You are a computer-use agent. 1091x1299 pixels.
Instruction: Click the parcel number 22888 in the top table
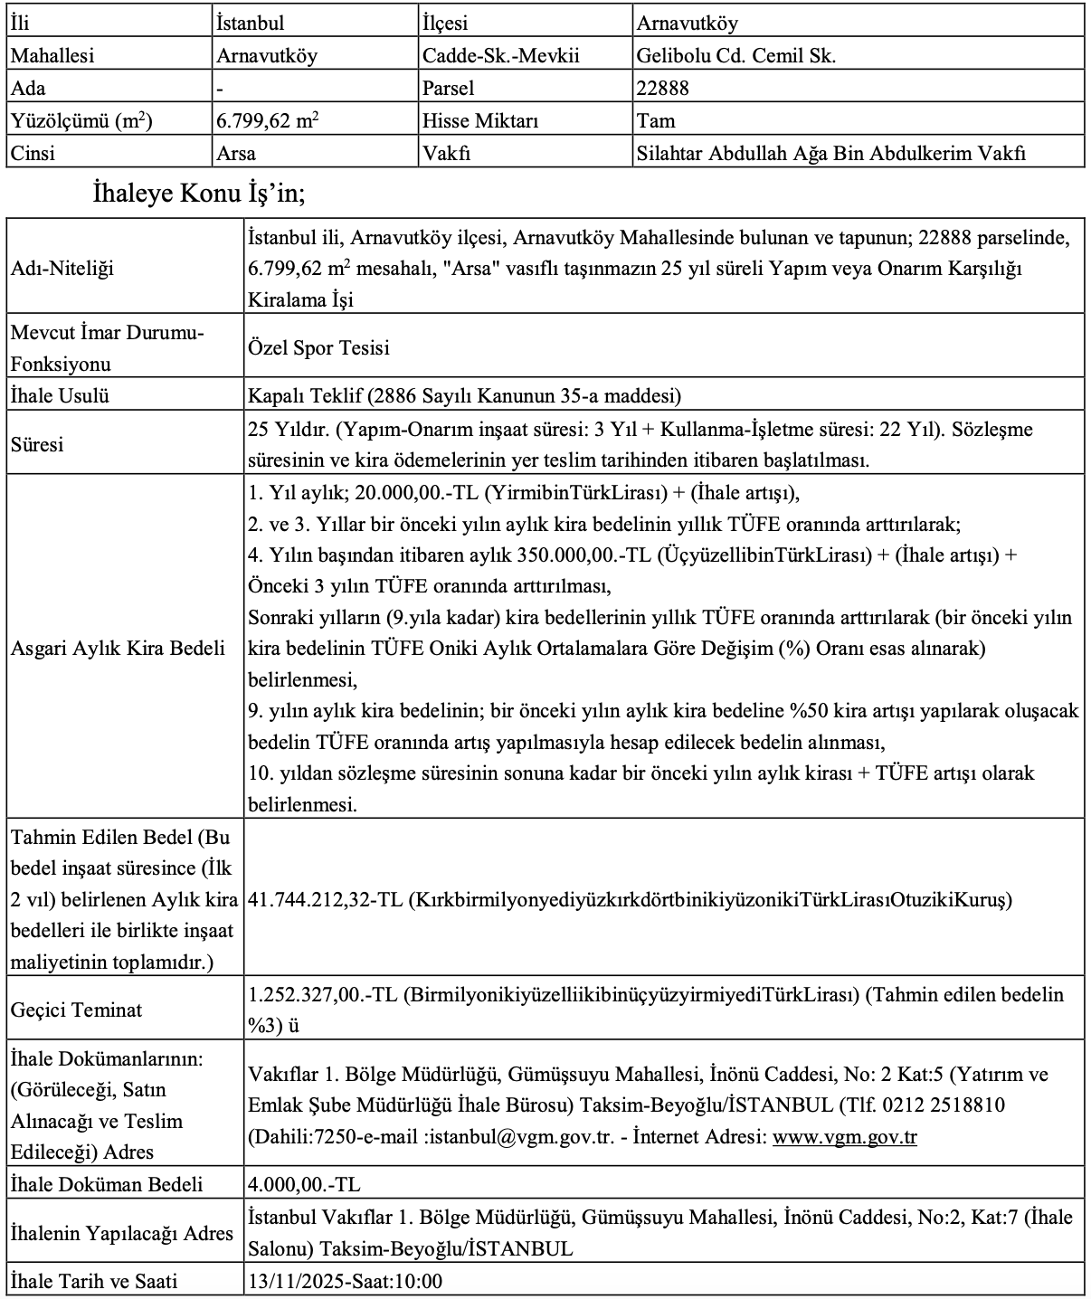[663, 88]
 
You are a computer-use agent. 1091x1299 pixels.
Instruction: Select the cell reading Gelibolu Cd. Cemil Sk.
[735, 55]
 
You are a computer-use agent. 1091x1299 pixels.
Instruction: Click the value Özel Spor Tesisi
[318, 348]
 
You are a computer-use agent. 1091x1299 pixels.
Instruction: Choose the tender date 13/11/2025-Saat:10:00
[345, 1281]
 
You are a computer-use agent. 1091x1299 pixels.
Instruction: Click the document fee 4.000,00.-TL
[304, 1184]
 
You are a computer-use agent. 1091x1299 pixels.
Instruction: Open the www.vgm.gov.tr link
[844, 1137]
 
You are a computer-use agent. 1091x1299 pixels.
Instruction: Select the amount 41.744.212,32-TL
[325, 900]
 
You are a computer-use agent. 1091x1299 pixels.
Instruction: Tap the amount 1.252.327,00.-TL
[323, 995]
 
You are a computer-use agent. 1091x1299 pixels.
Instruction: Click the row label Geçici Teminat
[76, 1010]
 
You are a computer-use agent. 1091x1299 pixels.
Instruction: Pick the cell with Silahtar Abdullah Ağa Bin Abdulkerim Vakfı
[831, 153]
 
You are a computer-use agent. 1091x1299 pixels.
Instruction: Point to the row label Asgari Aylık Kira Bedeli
[118, 649]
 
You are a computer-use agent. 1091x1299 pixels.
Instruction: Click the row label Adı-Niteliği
[62, 269]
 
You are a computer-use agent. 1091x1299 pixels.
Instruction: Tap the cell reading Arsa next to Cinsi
[236, 153]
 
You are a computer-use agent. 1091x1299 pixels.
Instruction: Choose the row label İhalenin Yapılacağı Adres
[121, 1233]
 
